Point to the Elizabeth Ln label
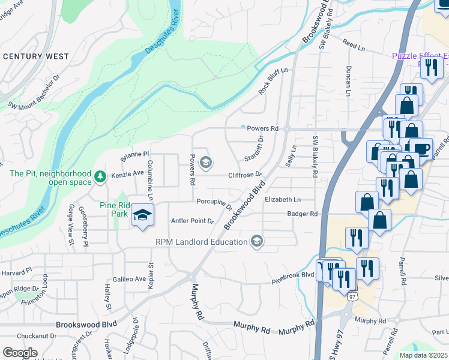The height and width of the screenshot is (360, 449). click(x=282, y=199)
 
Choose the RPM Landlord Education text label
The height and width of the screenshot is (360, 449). click(x=202, y=242)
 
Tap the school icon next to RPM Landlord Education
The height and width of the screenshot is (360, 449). click(x=257, y=241)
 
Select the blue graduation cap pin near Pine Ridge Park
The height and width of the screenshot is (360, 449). click(x=143, y=215)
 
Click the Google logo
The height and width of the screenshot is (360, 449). click(x=20, y=352)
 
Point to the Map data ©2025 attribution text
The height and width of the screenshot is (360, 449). click(x=423, y=355)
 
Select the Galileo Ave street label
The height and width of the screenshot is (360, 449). click(x=129, y=279)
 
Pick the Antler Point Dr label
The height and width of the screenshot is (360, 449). click(x=193, y=221)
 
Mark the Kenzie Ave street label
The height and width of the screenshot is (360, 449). click(x=127, y=173)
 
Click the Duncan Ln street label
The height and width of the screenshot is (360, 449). click(x=348, y=82)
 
